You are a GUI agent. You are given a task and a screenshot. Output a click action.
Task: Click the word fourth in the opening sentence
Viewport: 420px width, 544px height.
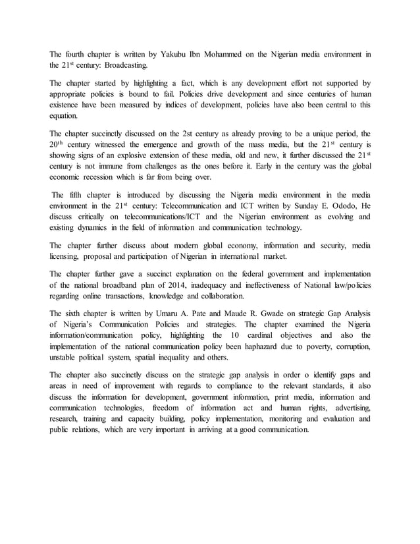pyautogui.click(x=78, y=53)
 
